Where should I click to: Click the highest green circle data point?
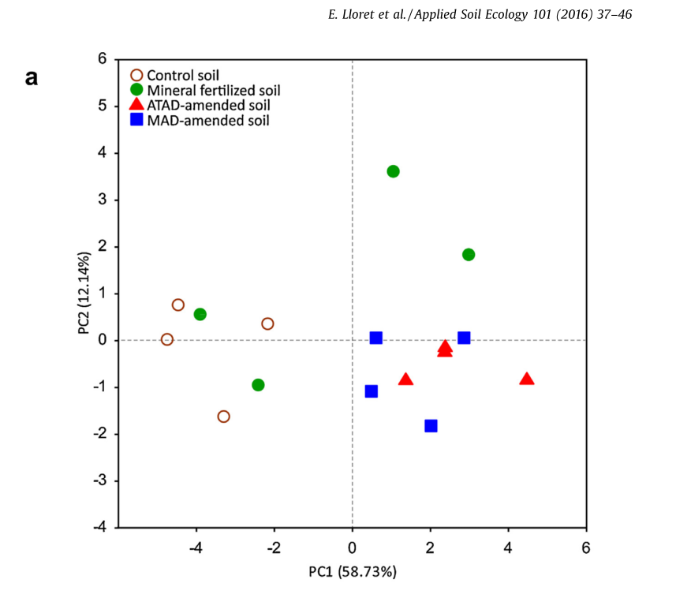(393, 171)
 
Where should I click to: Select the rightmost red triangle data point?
(527, 379)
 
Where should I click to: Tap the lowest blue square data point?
(431, 426)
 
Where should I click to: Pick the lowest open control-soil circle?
(223, 417)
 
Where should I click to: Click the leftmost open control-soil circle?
(167, 339)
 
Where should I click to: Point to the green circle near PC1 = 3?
(469, 255)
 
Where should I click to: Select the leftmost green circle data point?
(200, 314)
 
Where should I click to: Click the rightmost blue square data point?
(464, 338)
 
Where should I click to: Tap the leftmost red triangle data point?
(405, 379)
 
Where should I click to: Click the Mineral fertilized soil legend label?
(213, 90)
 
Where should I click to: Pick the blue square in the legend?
(136, 120)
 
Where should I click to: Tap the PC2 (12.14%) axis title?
(84, 293)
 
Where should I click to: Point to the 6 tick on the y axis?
(102, 59)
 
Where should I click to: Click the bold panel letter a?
(32, 77)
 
